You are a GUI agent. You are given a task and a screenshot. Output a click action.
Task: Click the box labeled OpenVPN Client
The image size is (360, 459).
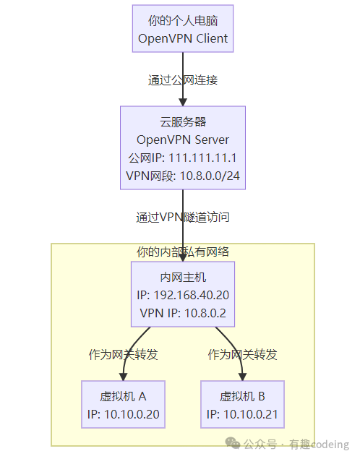[182, 28]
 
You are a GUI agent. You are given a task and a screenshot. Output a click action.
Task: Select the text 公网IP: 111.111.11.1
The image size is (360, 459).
[182, 158]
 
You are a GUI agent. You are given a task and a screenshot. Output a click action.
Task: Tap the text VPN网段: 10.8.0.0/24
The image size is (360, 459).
[182, 176]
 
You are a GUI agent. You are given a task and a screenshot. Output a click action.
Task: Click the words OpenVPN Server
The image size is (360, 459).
[182, 140]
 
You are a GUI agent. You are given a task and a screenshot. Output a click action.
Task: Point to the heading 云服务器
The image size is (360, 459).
[182, 121]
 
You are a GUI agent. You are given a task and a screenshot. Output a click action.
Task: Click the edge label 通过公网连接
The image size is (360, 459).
[182, 80]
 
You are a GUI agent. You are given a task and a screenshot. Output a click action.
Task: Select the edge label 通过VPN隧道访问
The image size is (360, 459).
[182, 216]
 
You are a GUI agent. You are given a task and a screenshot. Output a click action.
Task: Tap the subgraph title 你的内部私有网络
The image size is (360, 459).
[182, 252]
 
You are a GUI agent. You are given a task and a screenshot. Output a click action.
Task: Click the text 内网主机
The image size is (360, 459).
[182, 277]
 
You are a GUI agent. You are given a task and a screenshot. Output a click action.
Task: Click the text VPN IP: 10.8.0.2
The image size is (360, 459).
[182, 313]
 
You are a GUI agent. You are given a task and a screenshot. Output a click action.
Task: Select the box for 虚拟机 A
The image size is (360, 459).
[123, 405]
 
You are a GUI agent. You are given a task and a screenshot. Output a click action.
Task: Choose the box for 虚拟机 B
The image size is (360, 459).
[242, 405]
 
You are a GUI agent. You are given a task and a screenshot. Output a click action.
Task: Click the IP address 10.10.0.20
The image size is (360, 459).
[132, 414]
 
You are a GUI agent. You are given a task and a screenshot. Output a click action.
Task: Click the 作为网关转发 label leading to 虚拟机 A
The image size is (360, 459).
[123, 354]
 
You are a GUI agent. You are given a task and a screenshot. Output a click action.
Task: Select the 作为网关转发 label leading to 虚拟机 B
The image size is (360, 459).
[242, 354]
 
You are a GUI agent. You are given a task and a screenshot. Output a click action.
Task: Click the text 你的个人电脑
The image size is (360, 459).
[182, 20]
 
